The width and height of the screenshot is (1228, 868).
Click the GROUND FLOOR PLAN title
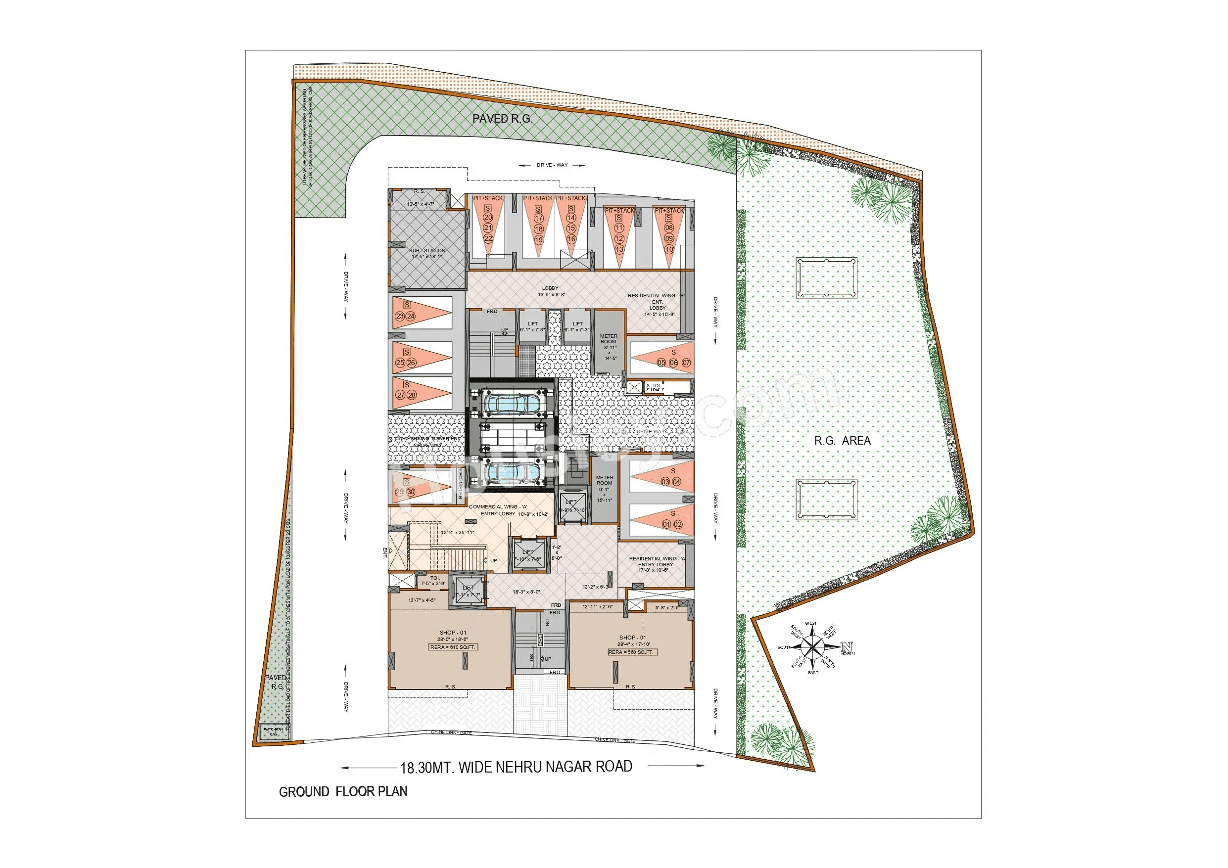pyautogui.click(x=343, y=791)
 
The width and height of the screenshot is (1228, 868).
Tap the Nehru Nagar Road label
pyautogui.click(x=516, y=768)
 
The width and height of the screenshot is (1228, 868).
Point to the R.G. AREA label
pyautogui.click(x=843, y=441)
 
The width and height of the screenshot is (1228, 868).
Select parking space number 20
pyautogui.click(x=488, y=217)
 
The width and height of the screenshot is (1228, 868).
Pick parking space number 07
pyautogui.click(x=686, y=363)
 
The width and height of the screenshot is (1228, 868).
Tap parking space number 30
pyautogui.click(x=411, y=492)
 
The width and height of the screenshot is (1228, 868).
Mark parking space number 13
pyautogui.click(x=619, y=249)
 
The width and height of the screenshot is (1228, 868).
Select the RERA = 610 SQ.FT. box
pyautogui.click(x=453, y=647)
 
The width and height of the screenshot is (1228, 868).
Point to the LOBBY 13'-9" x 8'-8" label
pyautogui.click(x=551, y=291)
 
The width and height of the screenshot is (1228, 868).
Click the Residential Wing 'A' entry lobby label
pyautogui.click(x=656, y=564)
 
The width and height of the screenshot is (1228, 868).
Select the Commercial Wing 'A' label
pyautogui.click(x=498, y=506)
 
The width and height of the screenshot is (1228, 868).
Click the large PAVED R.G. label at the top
pyautogui.click(x=502, y=119)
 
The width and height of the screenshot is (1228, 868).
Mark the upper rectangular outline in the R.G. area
pyautogui.click(x=826, y=277)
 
